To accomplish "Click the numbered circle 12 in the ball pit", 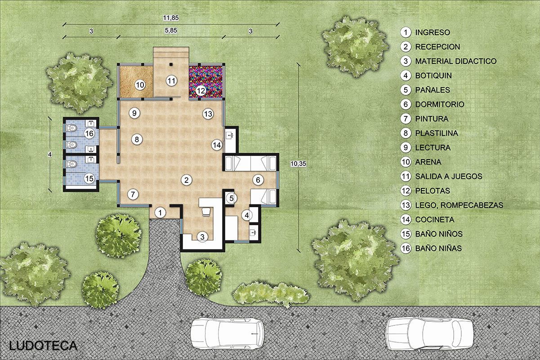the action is click(x=201, y=91).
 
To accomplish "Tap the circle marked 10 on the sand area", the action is click(x=140, y=85).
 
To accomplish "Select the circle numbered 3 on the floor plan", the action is click(x=202, y=236).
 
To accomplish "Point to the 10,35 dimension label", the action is click(x=298, y=164).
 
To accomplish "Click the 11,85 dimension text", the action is click(x=171, y=18).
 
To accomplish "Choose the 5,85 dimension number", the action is click(x=171, y=31).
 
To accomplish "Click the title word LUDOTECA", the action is click(x=43, y=346).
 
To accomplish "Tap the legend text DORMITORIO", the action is click(x=440, y=104).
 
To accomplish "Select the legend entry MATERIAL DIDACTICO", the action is click(x=456, y=61).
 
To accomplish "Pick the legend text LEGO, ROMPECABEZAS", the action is click(x=459, y=205).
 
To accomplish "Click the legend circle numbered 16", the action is click(x=406, y=248).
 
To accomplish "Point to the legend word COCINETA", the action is click(x=435, y=219).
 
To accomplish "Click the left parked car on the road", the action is click(x=227, y=334).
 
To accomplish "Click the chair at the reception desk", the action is click(x=206, y=212).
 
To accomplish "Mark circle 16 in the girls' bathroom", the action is click(x=89, y=133).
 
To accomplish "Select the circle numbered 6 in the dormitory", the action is click(x=258, y=180).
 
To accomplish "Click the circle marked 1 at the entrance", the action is click(x=160, y=213).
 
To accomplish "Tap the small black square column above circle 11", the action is click(x=171, y=64).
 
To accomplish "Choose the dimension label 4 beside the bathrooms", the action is click(x=50, y=154).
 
